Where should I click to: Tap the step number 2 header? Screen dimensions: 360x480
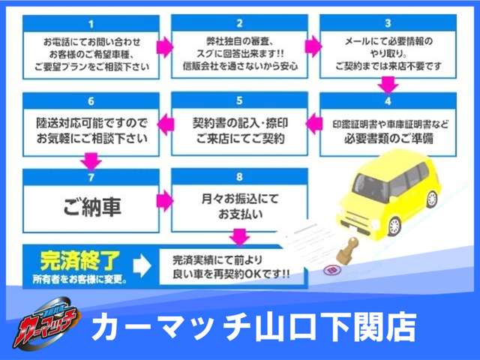coord(239,23)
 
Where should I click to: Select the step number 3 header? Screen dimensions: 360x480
coord(387,23)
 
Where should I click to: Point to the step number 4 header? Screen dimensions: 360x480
coord(387,100)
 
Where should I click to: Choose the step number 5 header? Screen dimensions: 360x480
coord(239,100)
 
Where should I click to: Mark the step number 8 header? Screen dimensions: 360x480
coord(239,177)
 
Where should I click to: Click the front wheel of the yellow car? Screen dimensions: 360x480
coord(394,226)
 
